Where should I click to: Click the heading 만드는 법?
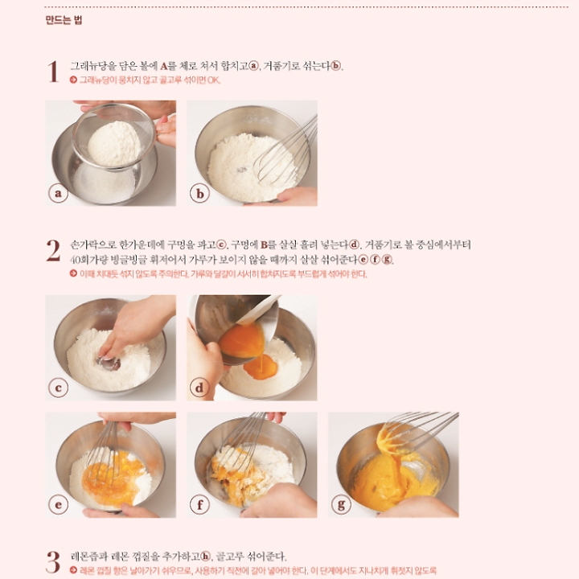click(x=64, y=20)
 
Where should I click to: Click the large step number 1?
click(x=53, y=72)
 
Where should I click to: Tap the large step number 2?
click(x=53, y=251)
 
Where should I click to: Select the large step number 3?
click(x=53, y=562)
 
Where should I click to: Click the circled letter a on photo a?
click(x=59, y=193)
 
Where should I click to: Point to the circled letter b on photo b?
click(x=199, y=194)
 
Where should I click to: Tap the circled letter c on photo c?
click(x=59, y=388)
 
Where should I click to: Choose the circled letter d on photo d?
click(x=199, y=388)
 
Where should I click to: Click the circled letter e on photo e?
click(x=59, y=505)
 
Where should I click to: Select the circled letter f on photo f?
click(x=199, y=505)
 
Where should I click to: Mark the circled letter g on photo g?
click(x=341, y=504)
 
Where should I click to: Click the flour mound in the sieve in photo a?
click(x=114, y=144)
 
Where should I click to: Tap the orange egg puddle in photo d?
click(x=261, y=367)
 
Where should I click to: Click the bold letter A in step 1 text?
click(x=164, y=67)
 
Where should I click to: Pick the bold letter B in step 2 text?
click(x=264, y=245)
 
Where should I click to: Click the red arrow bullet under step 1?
click(x=73, y=80)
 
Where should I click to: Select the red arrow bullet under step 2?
click(x=73, y=273)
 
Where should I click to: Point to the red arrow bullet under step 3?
click(x=73, y=570)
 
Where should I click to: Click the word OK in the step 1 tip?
click(x=214, y=80)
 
